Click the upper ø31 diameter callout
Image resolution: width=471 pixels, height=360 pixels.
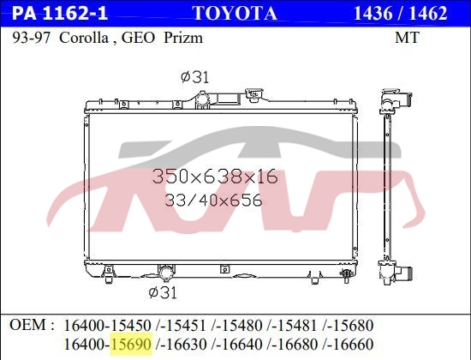[194, 77]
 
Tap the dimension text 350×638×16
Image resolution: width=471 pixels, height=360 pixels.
[215, 177]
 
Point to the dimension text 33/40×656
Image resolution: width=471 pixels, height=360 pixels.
[213, 202]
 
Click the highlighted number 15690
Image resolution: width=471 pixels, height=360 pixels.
[129, 343]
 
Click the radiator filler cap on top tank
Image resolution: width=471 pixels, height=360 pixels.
[252, 93]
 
